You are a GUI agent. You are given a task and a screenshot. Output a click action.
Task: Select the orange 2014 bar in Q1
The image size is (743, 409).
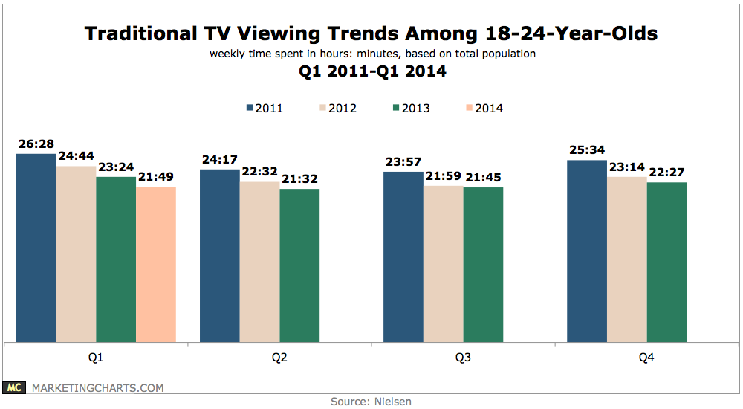(156, 265)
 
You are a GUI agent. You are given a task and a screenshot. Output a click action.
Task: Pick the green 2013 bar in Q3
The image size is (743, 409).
(483, 265)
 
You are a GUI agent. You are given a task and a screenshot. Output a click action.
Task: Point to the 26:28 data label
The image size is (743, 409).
(36, 144)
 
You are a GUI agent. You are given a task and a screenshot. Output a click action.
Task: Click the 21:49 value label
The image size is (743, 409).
(156, 178)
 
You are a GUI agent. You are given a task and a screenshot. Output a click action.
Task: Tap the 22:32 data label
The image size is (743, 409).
(259, 173)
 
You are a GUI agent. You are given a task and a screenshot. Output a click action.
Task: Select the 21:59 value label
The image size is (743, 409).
(443, 176)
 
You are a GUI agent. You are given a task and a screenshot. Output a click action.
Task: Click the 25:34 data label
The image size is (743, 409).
(586, 151)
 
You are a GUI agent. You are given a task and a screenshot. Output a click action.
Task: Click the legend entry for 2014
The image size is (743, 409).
(484, 108)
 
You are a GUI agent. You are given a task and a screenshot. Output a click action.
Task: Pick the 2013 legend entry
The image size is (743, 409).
(410, 108)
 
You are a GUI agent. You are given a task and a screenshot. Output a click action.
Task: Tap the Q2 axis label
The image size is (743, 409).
(280, 357)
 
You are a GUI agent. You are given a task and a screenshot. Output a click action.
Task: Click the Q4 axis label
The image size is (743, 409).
(646, 357)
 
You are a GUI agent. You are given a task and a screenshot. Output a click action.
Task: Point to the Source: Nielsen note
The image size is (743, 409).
(371, 401)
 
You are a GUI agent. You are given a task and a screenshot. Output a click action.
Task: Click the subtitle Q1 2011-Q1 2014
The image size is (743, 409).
(371, 72)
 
